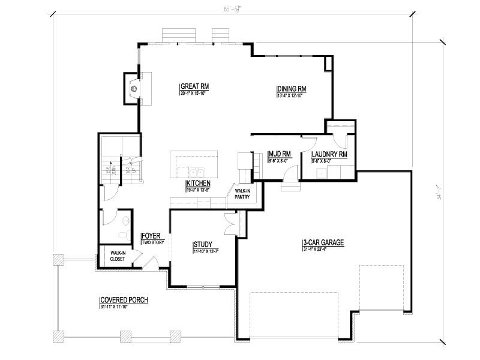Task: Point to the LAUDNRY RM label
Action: pos(329,154)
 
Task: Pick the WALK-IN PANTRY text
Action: pos(242,193)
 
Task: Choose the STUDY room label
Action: pos(202,244)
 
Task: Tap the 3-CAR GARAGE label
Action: pos(323,243)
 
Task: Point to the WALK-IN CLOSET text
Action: pos(118,256)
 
